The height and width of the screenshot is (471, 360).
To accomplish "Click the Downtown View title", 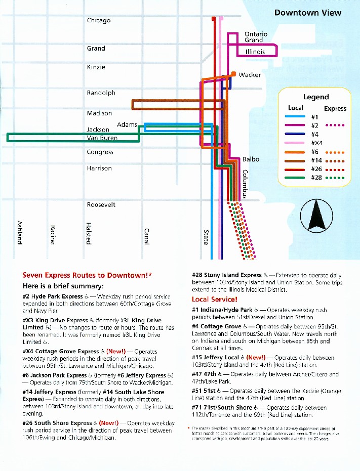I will (307, 13).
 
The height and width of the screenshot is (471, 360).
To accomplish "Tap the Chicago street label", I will (99, 20).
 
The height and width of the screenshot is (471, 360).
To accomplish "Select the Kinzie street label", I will (96, 67).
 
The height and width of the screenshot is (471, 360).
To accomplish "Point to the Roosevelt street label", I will (101, 205).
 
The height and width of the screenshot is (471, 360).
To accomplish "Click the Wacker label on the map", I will (250, 75).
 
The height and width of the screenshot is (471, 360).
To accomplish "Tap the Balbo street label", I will (251, 159).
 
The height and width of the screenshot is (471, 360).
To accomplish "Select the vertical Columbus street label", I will (245, 183).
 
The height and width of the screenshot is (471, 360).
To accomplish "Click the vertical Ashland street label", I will (20, 232).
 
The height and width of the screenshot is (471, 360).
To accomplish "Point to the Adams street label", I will (127, 124).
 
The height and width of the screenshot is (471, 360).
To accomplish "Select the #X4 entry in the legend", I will (317, 143).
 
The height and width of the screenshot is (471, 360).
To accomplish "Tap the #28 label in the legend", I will (316, 178).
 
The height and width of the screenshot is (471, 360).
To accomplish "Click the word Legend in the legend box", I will (315, 97).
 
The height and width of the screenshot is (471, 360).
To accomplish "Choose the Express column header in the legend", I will (335, 108).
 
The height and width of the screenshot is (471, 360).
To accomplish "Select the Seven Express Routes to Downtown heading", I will (87, 276).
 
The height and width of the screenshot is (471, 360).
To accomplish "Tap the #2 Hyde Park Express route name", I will (53, 296).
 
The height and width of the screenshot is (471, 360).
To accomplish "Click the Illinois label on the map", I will (255, 52).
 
